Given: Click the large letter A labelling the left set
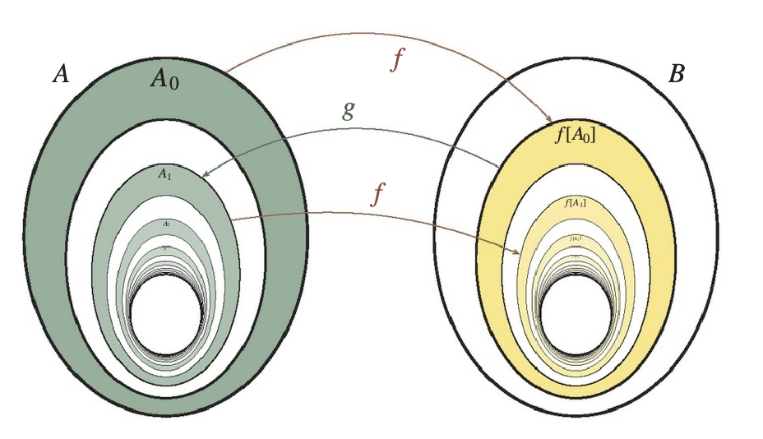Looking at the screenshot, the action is (61, 75).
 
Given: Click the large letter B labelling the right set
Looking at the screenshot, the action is (676, 75).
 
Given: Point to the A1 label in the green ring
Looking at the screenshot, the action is (165, 173).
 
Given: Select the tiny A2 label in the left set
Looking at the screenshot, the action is (166, 223).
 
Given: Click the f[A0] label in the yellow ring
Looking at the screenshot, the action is (576, 136).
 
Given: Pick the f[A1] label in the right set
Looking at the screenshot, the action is (575, 201).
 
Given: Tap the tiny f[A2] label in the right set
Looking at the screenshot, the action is (575, 238).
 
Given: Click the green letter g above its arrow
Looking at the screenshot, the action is (349, 110).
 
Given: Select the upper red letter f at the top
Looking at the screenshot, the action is (397, 61).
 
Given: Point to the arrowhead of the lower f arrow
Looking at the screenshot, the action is (517, 252).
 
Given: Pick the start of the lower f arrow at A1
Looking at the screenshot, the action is (233, 219).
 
